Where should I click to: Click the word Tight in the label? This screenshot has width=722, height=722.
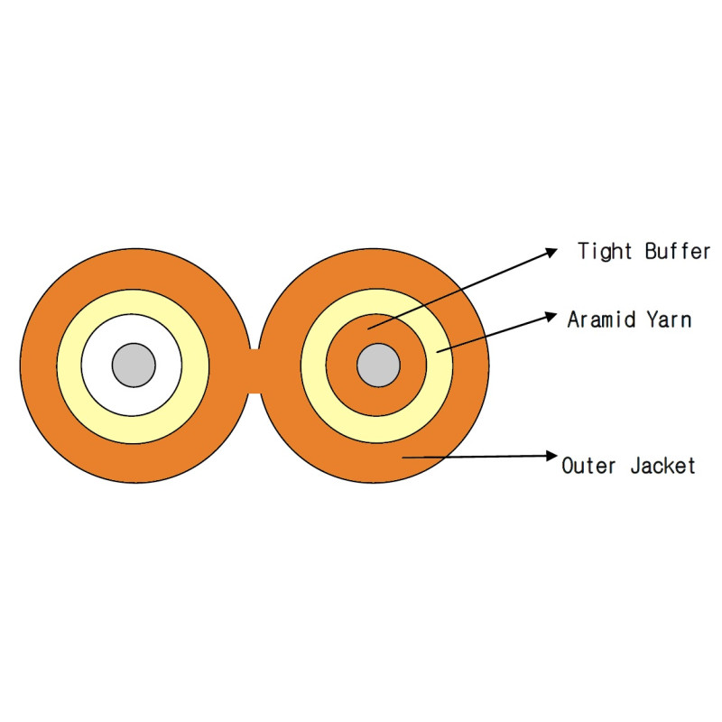(605, 252)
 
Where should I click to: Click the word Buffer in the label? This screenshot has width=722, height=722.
(678, 251)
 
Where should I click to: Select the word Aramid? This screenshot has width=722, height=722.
(601, 319)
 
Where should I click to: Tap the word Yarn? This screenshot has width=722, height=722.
(669, 319)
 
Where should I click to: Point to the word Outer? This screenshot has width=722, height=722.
(588, 466)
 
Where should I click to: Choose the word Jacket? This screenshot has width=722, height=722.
(663, 466)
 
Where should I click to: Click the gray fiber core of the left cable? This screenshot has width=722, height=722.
(134, 366)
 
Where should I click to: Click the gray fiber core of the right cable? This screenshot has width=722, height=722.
(378, 366)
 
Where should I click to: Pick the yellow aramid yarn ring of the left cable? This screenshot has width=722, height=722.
(69, 366)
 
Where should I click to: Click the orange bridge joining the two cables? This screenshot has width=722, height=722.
(255, 371)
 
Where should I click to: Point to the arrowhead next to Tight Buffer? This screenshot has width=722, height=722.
(551, 253)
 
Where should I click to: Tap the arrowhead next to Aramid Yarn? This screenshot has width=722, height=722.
(551, 317)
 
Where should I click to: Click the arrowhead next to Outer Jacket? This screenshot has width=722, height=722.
(551, 456)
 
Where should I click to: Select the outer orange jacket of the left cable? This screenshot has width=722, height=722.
(39, 366)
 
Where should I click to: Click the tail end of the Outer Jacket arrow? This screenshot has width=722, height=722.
(403, 458)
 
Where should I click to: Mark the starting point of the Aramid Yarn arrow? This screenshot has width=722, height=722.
(437, 353)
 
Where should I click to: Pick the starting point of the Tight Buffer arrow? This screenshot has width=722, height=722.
(368, 329)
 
